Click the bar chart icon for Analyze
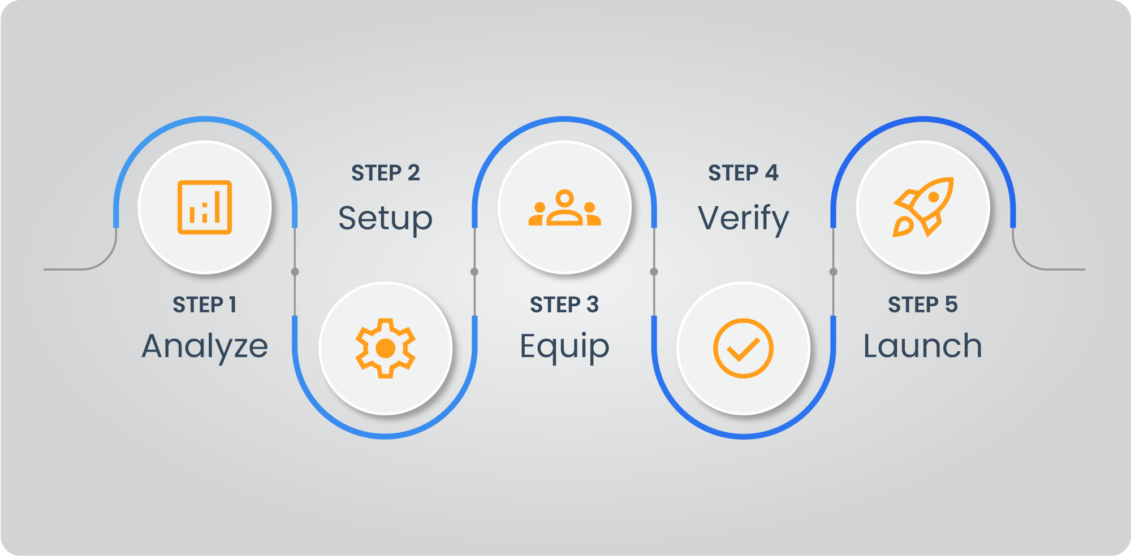point(205,207)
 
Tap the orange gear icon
point(385,348)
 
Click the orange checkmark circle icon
point(743,348)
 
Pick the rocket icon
point(923,207)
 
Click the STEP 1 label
point(205,305)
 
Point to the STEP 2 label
point(385,173)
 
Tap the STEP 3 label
point(564,305)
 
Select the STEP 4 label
point(743,173)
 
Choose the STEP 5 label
point(922,305)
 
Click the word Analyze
point(205,346)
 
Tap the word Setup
point(385,219)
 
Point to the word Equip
point(564,346)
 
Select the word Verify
point(743,219)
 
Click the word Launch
point(922,346)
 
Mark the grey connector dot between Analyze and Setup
point(295,272)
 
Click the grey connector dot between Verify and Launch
point(833,272)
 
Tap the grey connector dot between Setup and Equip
point(474,272)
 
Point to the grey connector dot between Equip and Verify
point(654,272)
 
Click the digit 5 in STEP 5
point(951,305)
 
